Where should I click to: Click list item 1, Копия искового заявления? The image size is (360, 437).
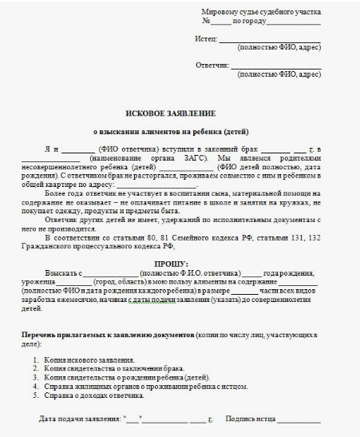[x=89, y=360]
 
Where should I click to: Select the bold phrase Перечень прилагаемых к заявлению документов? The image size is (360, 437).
[x=111, y=332]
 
